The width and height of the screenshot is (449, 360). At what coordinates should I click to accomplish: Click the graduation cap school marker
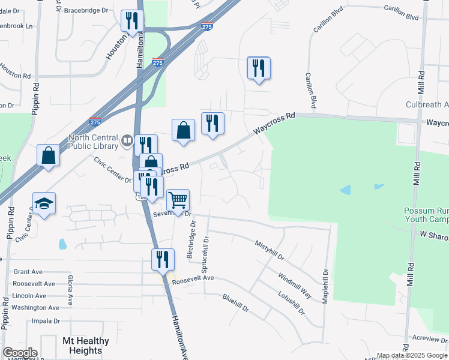44,203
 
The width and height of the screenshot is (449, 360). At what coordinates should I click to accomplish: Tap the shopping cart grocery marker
178,200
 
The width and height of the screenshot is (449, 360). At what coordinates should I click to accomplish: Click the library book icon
127,141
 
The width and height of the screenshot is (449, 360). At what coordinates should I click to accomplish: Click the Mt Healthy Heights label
86,346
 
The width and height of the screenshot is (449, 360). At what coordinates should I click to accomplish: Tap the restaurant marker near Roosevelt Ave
163,260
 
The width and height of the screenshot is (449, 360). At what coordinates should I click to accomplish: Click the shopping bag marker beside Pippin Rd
49,155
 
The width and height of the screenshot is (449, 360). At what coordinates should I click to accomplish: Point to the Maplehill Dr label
325,285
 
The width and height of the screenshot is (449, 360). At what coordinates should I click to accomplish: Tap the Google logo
20,353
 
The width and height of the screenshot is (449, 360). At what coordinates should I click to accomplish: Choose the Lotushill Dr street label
291,303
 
